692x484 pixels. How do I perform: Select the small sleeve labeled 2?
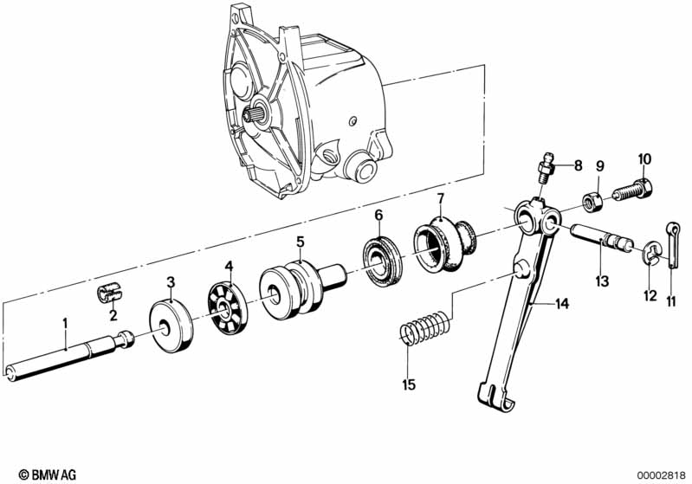[x=106, y=290]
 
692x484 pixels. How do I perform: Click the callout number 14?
[x=563, y=303]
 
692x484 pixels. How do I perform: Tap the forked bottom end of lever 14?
[x=494, y=396]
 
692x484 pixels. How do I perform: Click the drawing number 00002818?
[x=657, y=474]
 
